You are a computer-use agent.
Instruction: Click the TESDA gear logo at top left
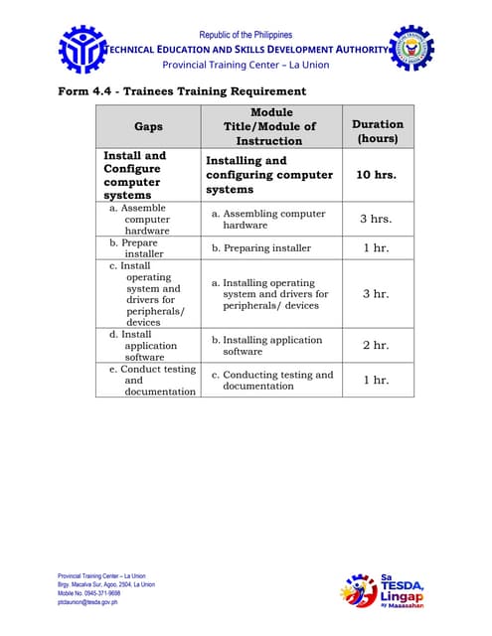[82, 50]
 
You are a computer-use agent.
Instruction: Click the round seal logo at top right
[410, 49]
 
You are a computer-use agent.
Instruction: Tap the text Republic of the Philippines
[246, 35]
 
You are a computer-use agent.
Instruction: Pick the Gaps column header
[148, 127]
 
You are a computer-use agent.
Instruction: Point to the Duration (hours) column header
[378, 131]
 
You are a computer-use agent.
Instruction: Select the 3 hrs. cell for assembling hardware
[376, 219]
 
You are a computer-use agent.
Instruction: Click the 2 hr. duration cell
[376, 345]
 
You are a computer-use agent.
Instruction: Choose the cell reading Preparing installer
[260, 247]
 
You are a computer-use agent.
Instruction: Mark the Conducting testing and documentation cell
[271, 380]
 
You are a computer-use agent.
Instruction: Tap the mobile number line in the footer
[89, 593]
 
